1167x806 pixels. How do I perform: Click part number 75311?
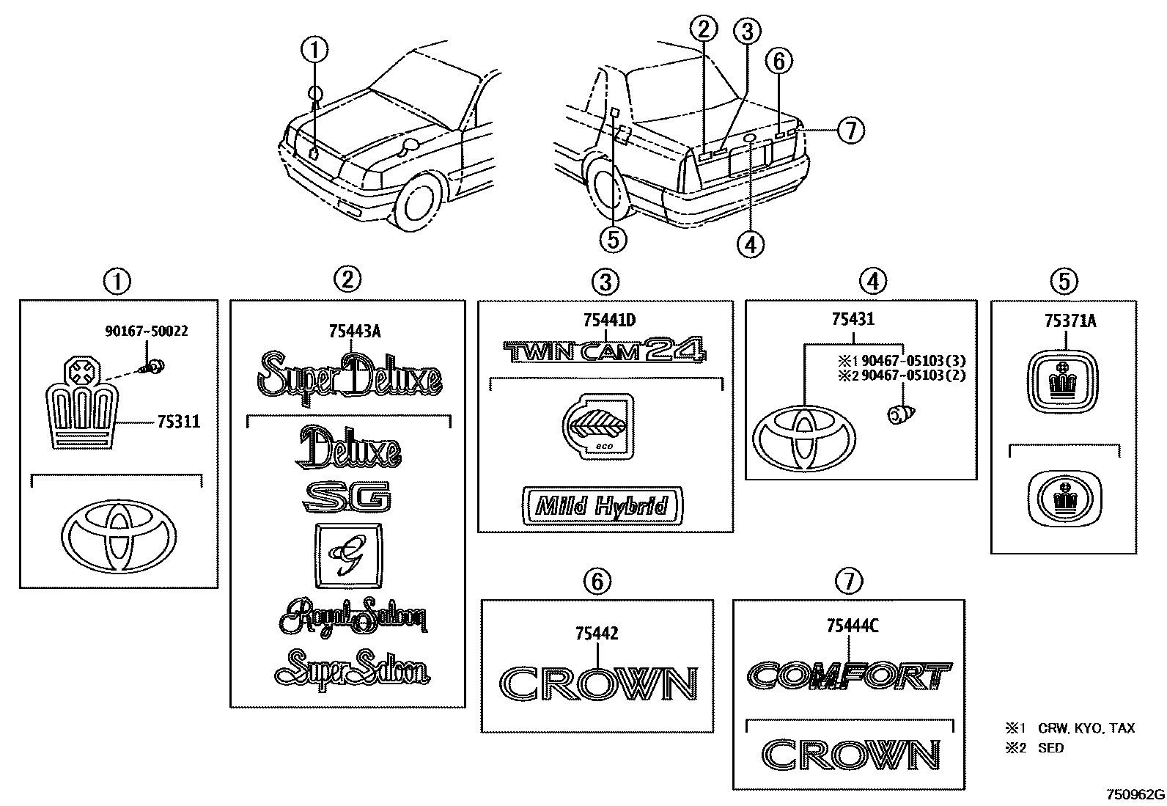[x=178, y=422]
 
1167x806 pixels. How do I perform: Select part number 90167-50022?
[x=146, y=331]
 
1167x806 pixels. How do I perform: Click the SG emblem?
[x=347, y=499]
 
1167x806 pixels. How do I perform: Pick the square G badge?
[x=347, y=555]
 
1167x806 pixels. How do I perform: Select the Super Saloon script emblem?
[x=352, y=667]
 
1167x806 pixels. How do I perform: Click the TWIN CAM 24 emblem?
[x=605, y=351]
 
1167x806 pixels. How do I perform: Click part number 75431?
[x=853, y=319]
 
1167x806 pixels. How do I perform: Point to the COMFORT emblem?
[x=850, y=675]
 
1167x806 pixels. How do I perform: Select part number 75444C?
[x=853, y=626]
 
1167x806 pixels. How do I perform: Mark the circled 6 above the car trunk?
[x=779, y=62]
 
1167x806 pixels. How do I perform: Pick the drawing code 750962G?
[x=1135, y=794]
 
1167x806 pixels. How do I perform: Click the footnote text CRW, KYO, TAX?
[x=1086, y=728]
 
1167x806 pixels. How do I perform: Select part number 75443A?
[x=355, y=331]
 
